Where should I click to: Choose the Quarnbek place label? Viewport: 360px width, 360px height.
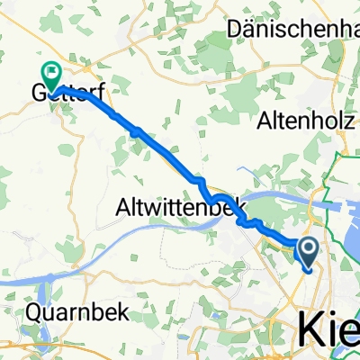pos(76,313)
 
